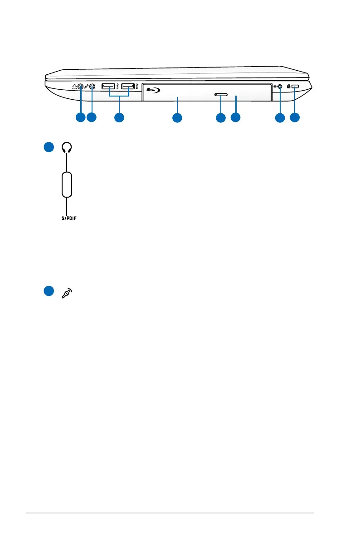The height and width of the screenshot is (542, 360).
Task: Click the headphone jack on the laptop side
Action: (81, 86)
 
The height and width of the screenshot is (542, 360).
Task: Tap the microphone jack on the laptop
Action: (92, 86)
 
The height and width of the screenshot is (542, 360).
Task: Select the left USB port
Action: (109, 86)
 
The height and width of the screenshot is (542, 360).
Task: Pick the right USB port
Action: (128, 86)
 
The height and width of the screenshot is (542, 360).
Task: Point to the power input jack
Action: (280, 86)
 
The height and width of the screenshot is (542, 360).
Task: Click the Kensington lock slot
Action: (297, 86)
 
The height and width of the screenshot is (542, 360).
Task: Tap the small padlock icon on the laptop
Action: (289, 86)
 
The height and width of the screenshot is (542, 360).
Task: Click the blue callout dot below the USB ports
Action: (119, 118)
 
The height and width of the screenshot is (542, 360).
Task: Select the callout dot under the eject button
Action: (220, 118)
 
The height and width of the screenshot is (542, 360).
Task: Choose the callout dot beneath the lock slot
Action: (295, 118)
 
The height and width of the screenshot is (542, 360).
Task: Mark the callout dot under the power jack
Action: (280, 118)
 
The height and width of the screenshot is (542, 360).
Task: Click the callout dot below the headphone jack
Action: (80, 118)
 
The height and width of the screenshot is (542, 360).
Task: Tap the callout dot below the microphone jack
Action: (92, 118)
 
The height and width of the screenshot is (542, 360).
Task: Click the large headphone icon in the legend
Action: (67, 148)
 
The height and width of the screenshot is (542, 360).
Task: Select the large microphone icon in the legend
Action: (67, 293)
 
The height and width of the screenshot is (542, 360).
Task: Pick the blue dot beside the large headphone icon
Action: (49, 148)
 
